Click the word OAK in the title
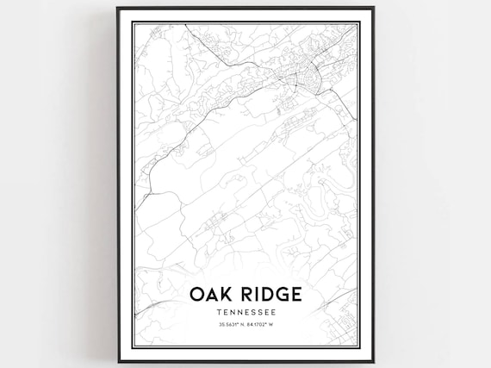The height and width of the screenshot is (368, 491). pos(208,295)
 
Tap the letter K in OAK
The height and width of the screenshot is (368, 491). pos(226,295)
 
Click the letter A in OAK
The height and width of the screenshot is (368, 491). pos(209,295)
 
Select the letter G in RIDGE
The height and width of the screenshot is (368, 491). pos(282,295)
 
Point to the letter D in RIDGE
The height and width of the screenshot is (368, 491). pos(265,295)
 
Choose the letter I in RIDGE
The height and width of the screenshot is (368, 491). pos(255,295)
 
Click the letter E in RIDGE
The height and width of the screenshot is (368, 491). pos(296,295)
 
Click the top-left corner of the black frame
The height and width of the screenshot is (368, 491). pos(118,8)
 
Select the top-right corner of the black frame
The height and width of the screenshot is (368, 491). pos(374,8)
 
